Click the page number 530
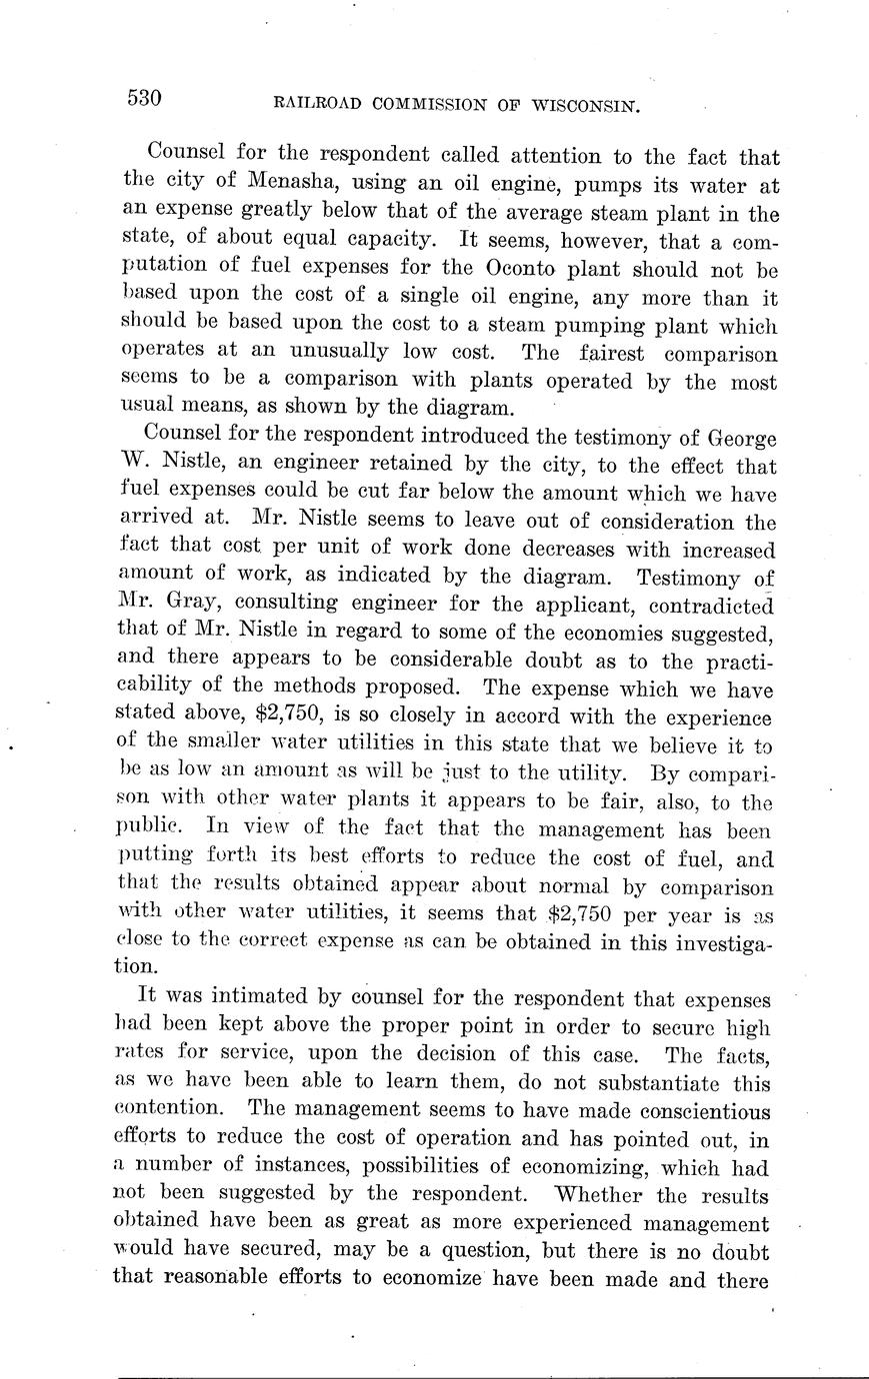(144, 98)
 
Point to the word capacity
(394, 241)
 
